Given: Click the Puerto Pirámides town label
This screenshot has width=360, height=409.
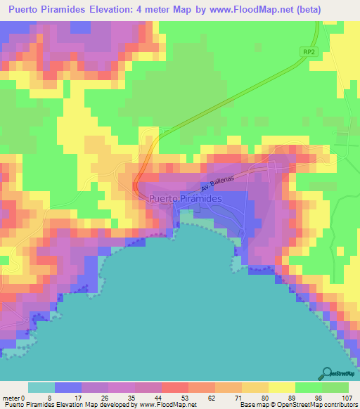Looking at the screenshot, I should click(x=186, y=200).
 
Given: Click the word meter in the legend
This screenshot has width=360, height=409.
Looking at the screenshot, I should click(x=13, y=398).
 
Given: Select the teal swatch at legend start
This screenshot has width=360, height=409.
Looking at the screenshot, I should click(x=41, y=387).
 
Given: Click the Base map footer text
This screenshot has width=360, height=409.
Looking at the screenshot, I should click(x=255, y=405).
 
